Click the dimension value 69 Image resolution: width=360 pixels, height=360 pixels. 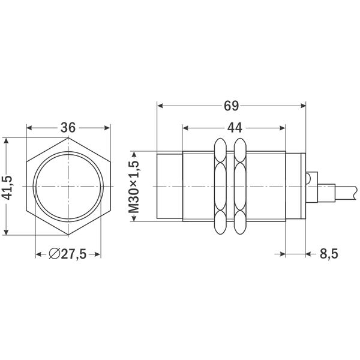pos(232,106)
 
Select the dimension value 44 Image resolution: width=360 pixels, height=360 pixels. pos(233,128)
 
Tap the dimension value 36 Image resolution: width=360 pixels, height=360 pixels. pos(68,128)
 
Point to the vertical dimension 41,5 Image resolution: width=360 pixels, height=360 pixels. pos(8,187)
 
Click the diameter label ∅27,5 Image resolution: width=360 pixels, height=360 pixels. pos(68,254)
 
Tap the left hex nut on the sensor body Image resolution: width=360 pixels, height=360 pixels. pos(220,187)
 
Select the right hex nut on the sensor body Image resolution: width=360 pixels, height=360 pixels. pos(239,187)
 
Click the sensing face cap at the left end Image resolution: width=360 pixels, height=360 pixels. pos(169,187)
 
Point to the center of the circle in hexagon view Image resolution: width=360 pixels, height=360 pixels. pos(68,187)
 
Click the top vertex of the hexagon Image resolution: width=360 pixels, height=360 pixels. pos(68,137)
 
